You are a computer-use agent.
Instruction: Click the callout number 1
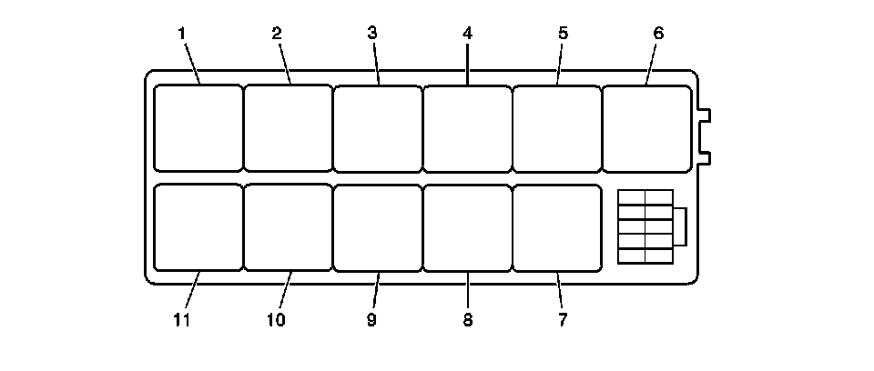click(x=182, y=34)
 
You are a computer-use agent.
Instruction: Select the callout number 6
click(x=658, y=34)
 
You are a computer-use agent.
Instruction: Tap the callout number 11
click(x=182, y=320)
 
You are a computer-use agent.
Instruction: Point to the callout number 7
click(x=562, y=320)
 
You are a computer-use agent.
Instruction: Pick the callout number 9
click(x=372, y=320)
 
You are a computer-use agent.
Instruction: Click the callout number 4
click(x=467, y=34)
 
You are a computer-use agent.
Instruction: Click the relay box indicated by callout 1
click(x=198, y=128)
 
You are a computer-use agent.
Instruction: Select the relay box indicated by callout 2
click(x=288, y=128)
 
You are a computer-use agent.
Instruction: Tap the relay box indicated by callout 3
click(x=377, y=128)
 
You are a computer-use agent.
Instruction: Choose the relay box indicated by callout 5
click(x=556, y=128)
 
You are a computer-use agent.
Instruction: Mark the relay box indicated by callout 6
click(x=646, y=128)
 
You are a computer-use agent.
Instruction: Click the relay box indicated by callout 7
click(x=556, y=228)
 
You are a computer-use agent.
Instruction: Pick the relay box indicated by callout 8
click(x=467, y=228)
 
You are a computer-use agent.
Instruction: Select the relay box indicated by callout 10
click(x=288, y=228)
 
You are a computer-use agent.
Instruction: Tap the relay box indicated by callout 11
click(x=198, y=228)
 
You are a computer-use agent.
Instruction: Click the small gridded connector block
click(x=645, y=226)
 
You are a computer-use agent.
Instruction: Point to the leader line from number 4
click(x=467, y=64)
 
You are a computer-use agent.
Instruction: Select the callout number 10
click(x=276, y=320)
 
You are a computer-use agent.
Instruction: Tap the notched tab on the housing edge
click(x=704, y=136)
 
